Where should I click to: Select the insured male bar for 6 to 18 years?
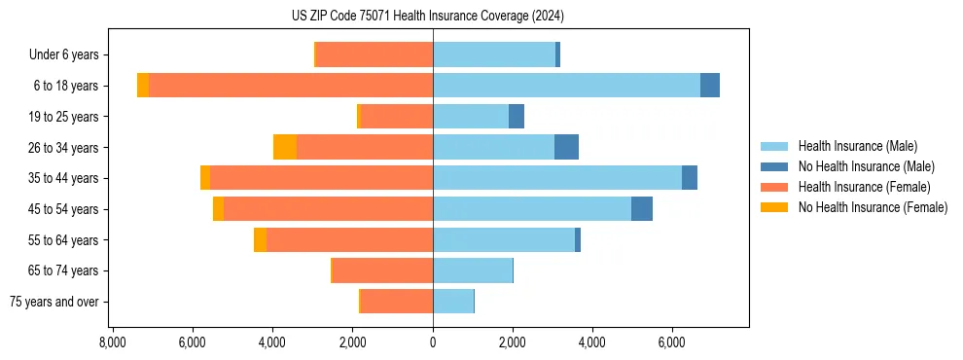[x=566, y=85]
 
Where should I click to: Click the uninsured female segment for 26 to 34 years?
[x=285, y=147]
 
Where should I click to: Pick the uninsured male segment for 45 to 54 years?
[x=642, y=208]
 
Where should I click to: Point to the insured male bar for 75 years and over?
[x=453, y=302]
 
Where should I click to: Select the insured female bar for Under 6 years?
[x=374, y=54]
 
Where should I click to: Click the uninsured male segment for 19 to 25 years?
[x=517, y=116]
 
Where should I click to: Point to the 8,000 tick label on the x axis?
[x=112, y=343]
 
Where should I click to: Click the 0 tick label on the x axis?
[x=433, y=343]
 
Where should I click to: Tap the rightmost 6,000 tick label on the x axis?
[x=672, y=343]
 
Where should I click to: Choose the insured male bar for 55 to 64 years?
[x=504, y=239]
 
